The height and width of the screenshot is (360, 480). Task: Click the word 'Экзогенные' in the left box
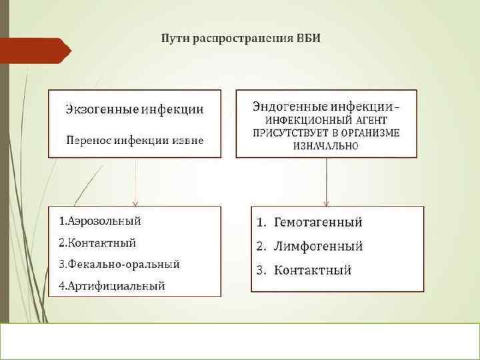click(97, 109)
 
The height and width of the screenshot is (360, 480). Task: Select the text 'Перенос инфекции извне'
click(134, 141)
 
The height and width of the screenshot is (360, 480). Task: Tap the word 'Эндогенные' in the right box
click(284, 106)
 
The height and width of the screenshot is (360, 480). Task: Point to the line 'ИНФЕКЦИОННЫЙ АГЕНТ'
click(326, 121)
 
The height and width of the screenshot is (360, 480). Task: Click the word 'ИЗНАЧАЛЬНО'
click(325, 145)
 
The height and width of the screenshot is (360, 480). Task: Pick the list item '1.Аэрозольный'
click(99, 221)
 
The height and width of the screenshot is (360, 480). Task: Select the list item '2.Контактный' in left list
click(97, 242)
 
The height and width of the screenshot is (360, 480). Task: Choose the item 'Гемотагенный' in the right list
click(318, 222)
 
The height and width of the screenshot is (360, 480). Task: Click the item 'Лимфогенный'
click(319, 246)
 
